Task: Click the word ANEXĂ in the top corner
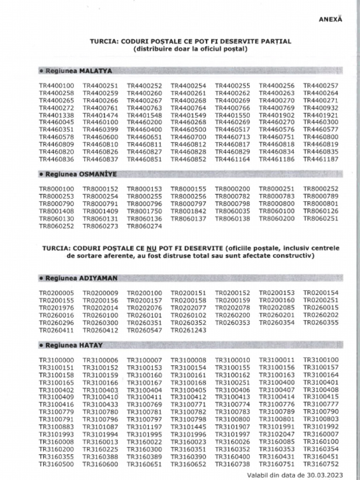coord(330,19)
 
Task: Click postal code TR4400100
coord(56,86)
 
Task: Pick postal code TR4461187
coord(321,159)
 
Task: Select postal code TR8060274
coord(144,226)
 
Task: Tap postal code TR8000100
coord(56,189)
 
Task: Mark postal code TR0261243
coord(188,330)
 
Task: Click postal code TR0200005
coord(56,293)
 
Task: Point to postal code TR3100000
coord(56,360)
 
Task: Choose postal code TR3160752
coord(321,464)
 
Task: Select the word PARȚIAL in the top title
coord(276,41)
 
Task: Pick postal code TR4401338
coord(56,115)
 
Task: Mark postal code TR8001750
coord(144,211)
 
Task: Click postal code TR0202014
coord(100,307)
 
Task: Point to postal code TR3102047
coord(277,435)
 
